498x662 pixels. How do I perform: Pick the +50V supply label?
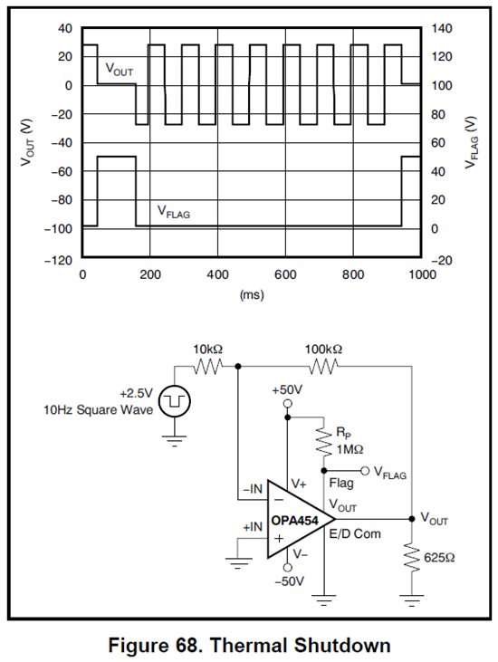pos(287,389)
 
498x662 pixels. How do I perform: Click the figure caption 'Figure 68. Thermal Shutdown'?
pos(248,645)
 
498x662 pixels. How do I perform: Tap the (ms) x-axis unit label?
pos(252,294)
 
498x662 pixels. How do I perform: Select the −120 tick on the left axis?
pos(58,259)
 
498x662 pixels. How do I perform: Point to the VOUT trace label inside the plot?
pos(121,68)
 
